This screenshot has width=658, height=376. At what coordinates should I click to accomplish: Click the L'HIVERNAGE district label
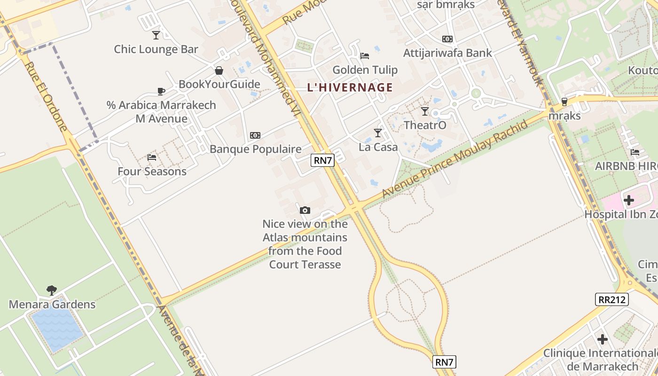click(x=350, y=87)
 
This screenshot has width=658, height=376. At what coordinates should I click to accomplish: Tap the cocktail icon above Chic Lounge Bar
click(x=156, y=35)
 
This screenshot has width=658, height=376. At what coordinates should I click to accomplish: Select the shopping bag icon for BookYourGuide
click(x=219, y=70)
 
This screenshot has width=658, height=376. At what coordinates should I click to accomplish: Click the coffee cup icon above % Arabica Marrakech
click(x=161, y=91)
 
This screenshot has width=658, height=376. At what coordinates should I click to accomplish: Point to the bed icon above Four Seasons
click(x=151, y=157)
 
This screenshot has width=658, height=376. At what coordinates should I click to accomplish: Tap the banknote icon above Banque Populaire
click(x=255, y=135)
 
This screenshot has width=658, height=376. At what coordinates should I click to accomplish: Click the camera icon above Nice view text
click(x=305, y=210)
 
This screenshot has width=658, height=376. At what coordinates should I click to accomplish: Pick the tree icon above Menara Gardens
click(x=52, y=290)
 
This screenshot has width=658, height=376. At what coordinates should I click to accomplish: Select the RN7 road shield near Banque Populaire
click(x=323, y=160)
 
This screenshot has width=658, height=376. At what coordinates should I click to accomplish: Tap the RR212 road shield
click(x=612, y=299)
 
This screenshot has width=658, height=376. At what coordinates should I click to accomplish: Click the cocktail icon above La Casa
click(x=378, y=133)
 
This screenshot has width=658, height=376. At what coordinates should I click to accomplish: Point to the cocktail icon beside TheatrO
click(x=425, y=111)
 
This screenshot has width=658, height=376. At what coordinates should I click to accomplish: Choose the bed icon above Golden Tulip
click(x=365, y=56)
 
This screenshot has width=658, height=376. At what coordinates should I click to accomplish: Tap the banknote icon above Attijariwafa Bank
click(x=447, y=39)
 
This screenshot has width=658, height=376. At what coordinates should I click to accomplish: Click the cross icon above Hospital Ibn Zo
click(x=629, y=200)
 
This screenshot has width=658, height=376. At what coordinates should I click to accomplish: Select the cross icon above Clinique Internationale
click(x=603, y=339)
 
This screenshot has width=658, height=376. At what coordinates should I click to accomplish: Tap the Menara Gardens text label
click(x=52, y=305)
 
